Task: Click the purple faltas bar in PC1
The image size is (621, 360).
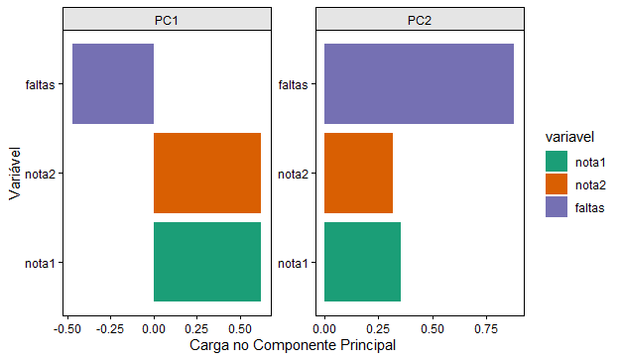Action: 113,83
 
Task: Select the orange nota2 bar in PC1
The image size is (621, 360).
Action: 207,174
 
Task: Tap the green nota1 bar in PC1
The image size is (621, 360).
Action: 207,262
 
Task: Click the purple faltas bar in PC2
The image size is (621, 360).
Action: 419,83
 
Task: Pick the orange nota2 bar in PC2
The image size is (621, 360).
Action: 358,174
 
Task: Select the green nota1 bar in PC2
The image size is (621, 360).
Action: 362,262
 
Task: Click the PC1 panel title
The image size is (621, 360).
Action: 167,20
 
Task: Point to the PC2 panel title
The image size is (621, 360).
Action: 420,20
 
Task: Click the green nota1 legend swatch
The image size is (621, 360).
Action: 557,162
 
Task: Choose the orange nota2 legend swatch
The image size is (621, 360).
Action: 557,184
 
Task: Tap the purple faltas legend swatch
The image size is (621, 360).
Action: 557,206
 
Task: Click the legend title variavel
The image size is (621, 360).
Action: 569,137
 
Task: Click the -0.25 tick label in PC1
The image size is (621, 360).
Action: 110,329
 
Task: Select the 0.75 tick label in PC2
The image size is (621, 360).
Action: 486,329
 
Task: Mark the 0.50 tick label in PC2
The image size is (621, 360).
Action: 433,329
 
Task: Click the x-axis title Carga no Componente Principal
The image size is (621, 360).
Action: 293,345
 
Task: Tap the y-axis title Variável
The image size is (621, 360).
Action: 15,174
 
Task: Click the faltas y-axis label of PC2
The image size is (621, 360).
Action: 293,84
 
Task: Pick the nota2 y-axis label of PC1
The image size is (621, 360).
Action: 40,175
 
